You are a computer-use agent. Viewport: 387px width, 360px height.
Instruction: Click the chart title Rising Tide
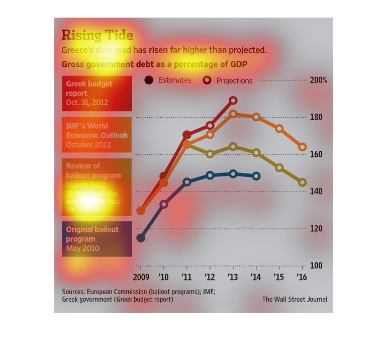(97, 35)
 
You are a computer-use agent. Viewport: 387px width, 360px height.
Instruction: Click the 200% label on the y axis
(318, 80)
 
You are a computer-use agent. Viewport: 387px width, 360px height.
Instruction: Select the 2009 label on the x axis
(141, 277)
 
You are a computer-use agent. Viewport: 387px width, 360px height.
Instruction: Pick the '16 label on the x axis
(303, 277)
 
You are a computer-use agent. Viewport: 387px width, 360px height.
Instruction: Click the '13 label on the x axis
(233, 277)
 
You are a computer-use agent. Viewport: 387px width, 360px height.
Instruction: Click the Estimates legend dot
(149, 80)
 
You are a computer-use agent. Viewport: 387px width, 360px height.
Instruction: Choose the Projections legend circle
(207, 80)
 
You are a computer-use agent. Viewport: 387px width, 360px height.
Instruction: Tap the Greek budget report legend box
(97, 94)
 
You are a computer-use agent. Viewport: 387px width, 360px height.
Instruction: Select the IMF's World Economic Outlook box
(97, 135)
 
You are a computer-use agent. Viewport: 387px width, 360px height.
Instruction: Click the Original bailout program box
(97, 239)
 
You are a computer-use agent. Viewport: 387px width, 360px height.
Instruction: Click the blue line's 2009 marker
(141, 238)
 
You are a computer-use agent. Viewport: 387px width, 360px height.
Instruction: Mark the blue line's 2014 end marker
(256, 176)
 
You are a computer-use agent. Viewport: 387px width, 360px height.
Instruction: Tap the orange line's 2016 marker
(303, 147)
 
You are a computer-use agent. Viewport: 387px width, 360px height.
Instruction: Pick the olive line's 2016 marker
(303, 183)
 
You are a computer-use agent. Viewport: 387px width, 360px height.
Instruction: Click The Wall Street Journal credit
(295, 299)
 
